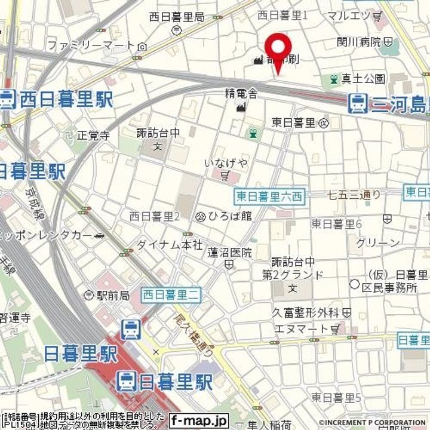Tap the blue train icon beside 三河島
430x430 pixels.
[358, 103]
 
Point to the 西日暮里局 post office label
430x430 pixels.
[176, 17]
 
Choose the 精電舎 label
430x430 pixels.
[241, 93]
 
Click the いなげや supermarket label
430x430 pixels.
[225, 163]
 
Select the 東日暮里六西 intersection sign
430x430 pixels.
[269, 196]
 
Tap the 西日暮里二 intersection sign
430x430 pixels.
[172, 294]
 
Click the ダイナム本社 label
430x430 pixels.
[161, 244]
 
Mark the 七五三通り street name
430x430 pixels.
[354, 194]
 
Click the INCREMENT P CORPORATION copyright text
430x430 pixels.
[376, 423]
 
